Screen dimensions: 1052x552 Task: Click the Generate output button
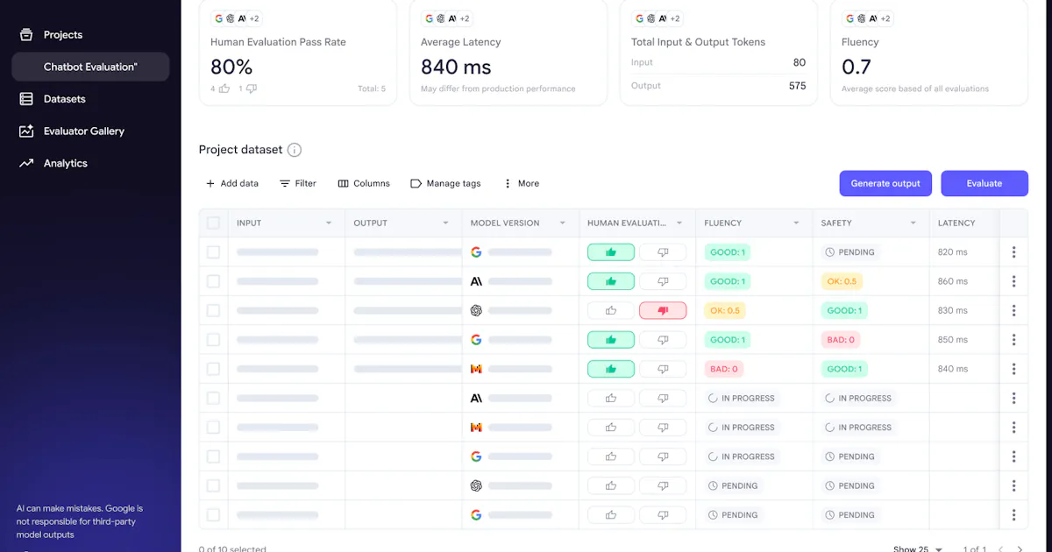click(x=885, y=183)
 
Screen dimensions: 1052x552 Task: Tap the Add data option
click(x=232, y=183)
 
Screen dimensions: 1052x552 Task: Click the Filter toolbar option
click(x=298, y=183)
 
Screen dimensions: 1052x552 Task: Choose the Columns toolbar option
click(x=364, y=183)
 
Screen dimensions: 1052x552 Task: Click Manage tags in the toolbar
click(x=445, y=183)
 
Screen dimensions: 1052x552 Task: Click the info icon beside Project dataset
click(x=295, y=150)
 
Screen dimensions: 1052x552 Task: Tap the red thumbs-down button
click(x=663, y=311)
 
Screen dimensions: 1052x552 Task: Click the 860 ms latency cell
click(x=952, y=281)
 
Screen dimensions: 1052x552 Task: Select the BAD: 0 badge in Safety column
click(x=841, y=340)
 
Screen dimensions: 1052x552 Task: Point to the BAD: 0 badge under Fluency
click(x=724, y=369)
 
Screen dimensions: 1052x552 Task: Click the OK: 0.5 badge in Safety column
click(x=842, y=281)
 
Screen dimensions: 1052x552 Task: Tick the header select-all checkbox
click(x=213, y=223)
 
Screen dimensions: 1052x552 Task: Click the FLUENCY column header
click(x=722, y=223)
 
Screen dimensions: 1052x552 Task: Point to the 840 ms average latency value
click(x=456, y=67)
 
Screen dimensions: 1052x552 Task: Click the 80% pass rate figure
click(x=231, y=67)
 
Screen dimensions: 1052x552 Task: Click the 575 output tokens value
click(x=797, y=86)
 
